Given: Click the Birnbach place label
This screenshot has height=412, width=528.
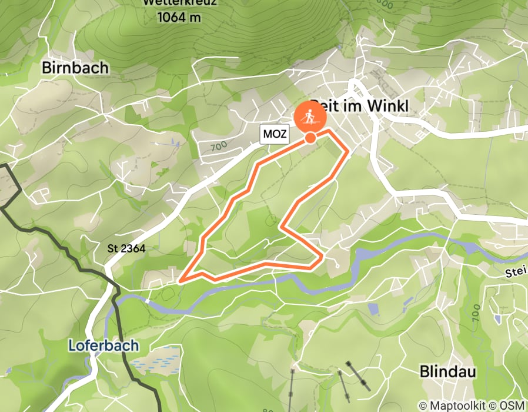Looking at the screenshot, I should coord(75,68).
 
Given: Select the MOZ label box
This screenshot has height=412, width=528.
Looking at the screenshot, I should coord(275,134).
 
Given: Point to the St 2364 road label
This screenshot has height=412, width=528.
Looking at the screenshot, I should coord(126,249).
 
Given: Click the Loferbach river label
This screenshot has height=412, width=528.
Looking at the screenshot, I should coord(103,345).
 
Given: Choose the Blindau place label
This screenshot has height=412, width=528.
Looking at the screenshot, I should coord(447,371).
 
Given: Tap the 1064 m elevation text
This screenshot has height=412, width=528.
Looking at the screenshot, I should coord(179,17).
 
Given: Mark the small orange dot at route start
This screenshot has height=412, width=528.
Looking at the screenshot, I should coord(310,138).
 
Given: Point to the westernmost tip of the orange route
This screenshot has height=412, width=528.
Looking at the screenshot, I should coord(179,281).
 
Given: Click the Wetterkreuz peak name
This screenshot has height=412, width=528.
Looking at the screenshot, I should coord(179,2).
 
